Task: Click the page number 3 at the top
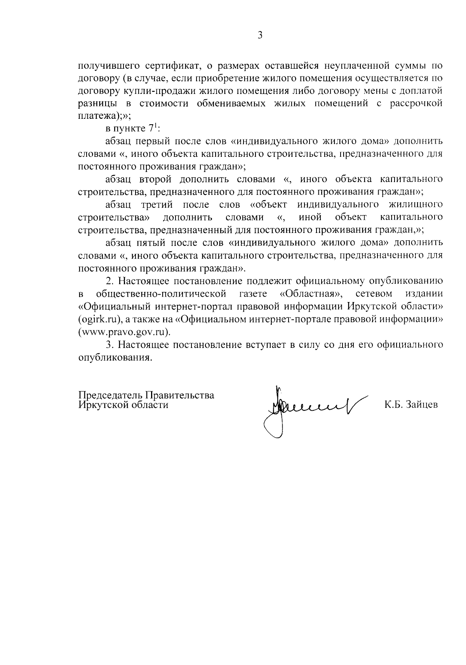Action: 260,35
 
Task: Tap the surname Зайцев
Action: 422,405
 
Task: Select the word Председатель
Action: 110,395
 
